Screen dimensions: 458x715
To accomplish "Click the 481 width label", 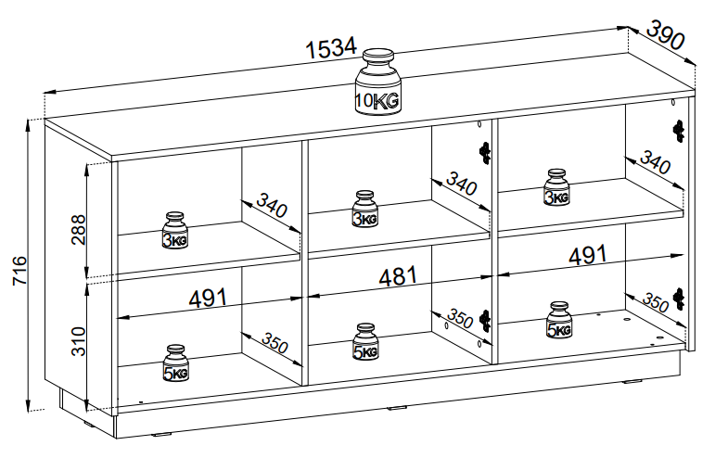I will pos(397,276).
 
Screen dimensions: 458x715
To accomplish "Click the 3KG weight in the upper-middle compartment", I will pos(364,210).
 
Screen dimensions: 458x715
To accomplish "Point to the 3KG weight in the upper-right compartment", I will pos(556,188).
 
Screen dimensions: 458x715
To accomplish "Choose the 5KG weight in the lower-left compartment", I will pos(175,364).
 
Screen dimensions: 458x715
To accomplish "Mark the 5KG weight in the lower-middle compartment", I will pos(364,342).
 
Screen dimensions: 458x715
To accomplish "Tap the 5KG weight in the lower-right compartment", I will pos(558,321).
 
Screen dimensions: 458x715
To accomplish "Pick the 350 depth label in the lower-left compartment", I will pos(273,341).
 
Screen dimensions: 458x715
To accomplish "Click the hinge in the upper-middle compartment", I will pos(483,151).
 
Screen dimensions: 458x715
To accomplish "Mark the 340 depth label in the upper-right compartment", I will pos(653,165).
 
